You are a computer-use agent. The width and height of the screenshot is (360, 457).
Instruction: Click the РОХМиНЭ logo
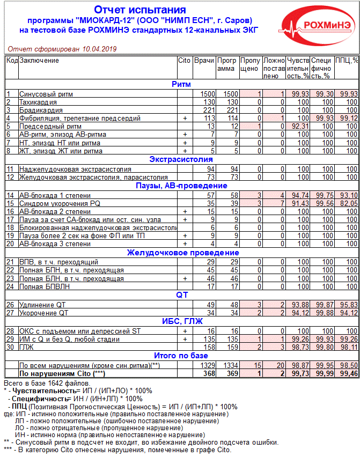(x=317, y=25)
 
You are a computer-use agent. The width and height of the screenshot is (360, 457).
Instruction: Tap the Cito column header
(x=184, y=61)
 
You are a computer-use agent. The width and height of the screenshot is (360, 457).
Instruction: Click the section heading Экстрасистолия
(x=180, y=159)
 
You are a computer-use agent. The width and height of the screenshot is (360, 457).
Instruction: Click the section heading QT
(x=181, y=295)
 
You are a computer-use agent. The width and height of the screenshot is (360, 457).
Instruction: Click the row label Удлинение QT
(x=42, y=305)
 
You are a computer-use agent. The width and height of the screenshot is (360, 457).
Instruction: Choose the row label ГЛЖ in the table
(x=26, y=347)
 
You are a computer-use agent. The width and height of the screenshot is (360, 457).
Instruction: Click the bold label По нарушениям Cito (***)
(x=62, y=373)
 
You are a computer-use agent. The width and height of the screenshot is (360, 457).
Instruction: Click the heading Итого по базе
(x=180, y=356)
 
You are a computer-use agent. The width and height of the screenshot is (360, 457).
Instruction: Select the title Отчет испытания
(x=140, y=10)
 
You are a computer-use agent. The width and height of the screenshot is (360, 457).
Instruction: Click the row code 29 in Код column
(x=10, y=339)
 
